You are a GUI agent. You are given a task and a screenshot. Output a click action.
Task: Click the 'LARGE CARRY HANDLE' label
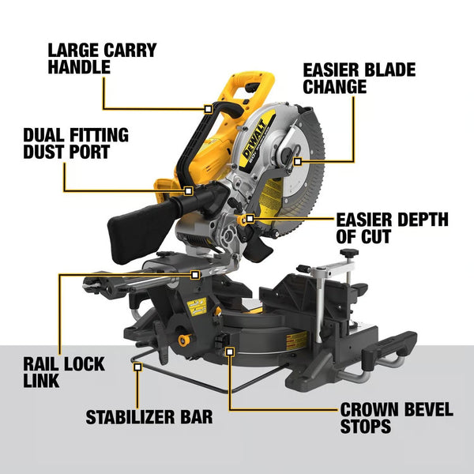click(x=102, y=59)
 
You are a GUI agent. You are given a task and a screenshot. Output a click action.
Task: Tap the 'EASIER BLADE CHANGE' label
click(x=359, y=77)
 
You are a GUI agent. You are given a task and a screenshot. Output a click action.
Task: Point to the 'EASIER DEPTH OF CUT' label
click(x=392, y=228)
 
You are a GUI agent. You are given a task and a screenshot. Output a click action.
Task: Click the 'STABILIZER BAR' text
click(x=149, y=416)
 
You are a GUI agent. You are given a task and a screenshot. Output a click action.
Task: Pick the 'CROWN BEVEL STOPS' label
click(x=397, y=418)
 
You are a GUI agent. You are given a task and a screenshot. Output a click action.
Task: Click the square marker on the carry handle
click(x=208, y=108)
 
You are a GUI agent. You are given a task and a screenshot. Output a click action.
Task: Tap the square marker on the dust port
click(x=189, y=190)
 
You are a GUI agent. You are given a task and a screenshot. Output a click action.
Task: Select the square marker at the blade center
click(x=297, y=161)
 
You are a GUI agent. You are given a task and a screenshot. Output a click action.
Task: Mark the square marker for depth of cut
click(x=249, y=217)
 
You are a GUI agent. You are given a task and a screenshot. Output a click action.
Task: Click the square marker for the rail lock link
click(x=195, y=274)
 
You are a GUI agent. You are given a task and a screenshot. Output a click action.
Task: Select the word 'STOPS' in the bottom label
click(x=366, y=427)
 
